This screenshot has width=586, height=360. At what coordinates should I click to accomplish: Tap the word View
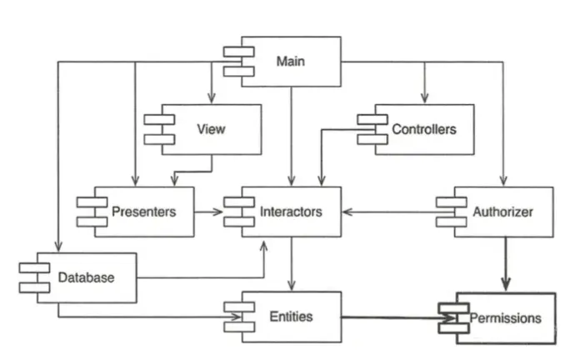[x=211, y=129]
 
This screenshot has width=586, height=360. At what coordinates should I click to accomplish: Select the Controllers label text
[x=423, y=129]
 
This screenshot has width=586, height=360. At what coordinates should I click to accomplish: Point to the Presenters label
[x=143, y=212]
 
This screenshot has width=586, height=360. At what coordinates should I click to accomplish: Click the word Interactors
[x=291, y=212]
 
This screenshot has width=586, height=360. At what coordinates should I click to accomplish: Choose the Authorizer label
[x=503, y=212]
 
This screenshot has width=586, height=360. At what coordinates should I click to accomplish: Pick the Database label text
[x=86, y=277]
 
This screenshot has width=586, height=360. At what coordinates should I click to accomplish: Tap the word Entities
[x=291, y=317]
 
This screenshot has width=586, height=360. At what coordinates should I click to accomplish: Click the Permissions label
[x=505, y=317]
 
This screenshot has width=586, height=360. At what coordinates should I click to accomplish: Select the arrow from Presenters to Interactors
[x=209, y=212]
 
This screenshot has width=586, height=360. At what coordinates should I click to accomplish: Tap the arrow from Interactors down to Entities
[x=290, y=262]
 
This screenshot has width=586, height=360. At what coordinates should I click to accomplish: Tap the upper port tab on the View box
[x=158, y=120]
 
